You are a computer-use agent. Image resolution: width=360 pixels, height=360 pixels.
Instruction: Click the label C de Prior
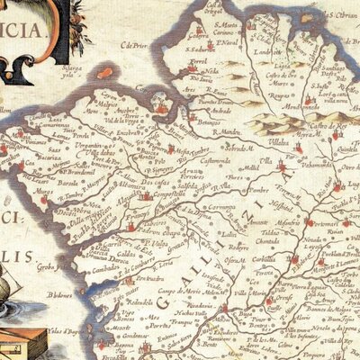(133, 45)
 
